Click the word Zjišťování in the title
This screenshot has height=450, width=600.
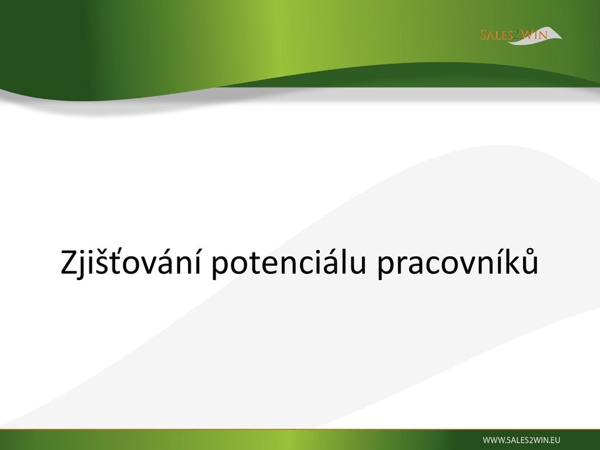click(x=131, y=262)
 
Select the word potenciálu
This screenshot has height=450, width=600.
click(x=289, y=262)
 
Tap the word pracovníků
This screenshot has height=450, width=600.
click(x=457, y=262)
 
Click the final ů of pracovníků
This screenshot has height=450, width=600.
click(x=531, y=261)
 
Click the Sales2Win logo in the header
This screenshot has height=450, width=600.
click(x=521, y=36)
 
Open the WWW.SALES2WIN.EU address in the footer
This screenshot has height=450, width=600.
click(x=521, y=440)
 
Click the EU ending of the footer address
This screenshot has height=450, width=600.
click(x=556, y=440)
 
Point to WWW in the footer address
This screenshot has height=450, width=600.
click(x=492, y=440)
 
